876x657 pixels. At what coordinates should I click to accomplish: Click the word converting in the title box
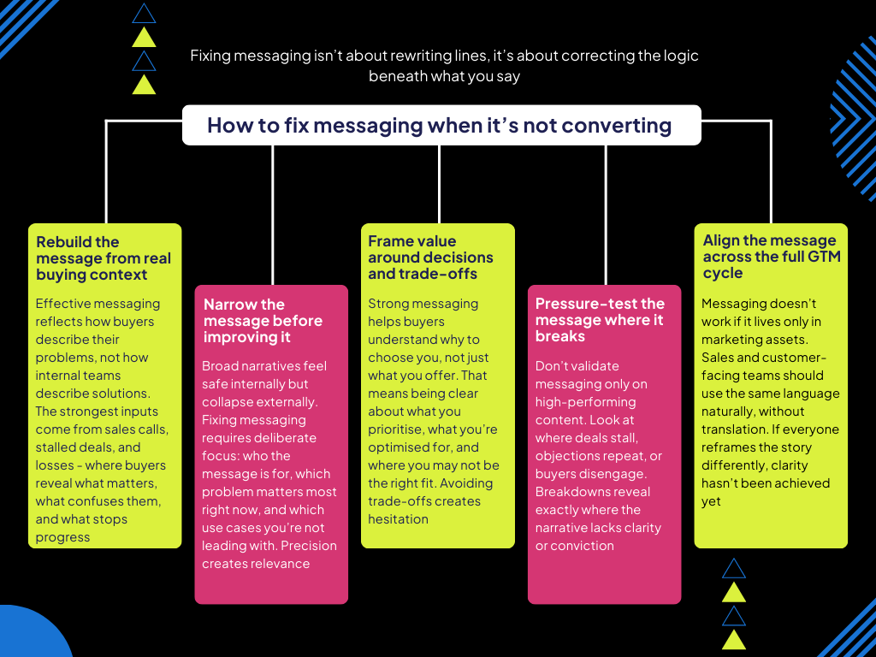[x=621, y=126]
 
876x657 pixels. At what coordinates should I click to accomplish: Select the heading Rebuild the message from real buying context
[x=104, y=258]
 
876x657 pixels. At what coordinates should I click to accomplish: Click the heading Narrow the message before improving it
[x=263, y=321]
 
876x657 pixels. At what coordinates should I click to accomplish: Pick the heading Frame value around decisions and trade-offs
[x=430, y=257]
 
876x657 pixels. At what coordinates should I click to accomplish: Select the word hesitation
[x=399, y=519]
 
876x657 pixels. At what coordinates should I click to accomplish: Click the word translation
[x=735, y=429]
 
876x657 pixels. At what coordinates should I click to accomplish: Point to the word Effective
[x=61, y=304]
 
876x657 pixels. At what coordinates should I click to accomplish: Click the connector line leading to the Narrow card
[x=273, y=214]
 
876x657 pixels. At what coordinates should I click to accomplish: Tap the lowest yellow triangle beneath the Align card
[x=734, y=639]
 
